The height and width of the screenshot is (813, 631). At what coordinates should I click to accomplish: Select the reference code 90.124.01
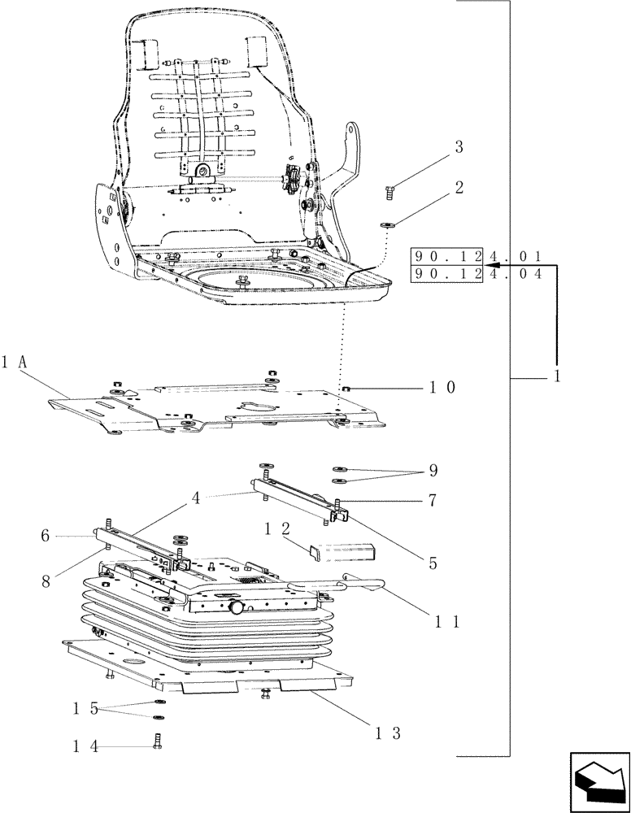click(x=477, y=256)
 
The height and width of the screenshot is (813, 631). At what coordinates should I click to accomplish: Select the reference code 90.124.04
click(x=477, y=274)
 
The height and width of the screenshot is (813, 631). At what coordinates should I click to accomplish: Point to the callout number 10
click(x=442, y=388)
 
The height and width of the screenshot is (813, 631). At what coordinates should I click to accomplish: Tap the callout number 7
click(x=433, y=501)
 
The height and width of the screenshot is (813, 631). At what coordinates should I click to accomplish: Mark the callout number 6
click(x=46, y=536)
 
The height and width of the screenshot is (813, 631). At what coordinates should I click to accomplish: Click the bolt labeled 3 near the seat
click(x=389, y=192)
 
